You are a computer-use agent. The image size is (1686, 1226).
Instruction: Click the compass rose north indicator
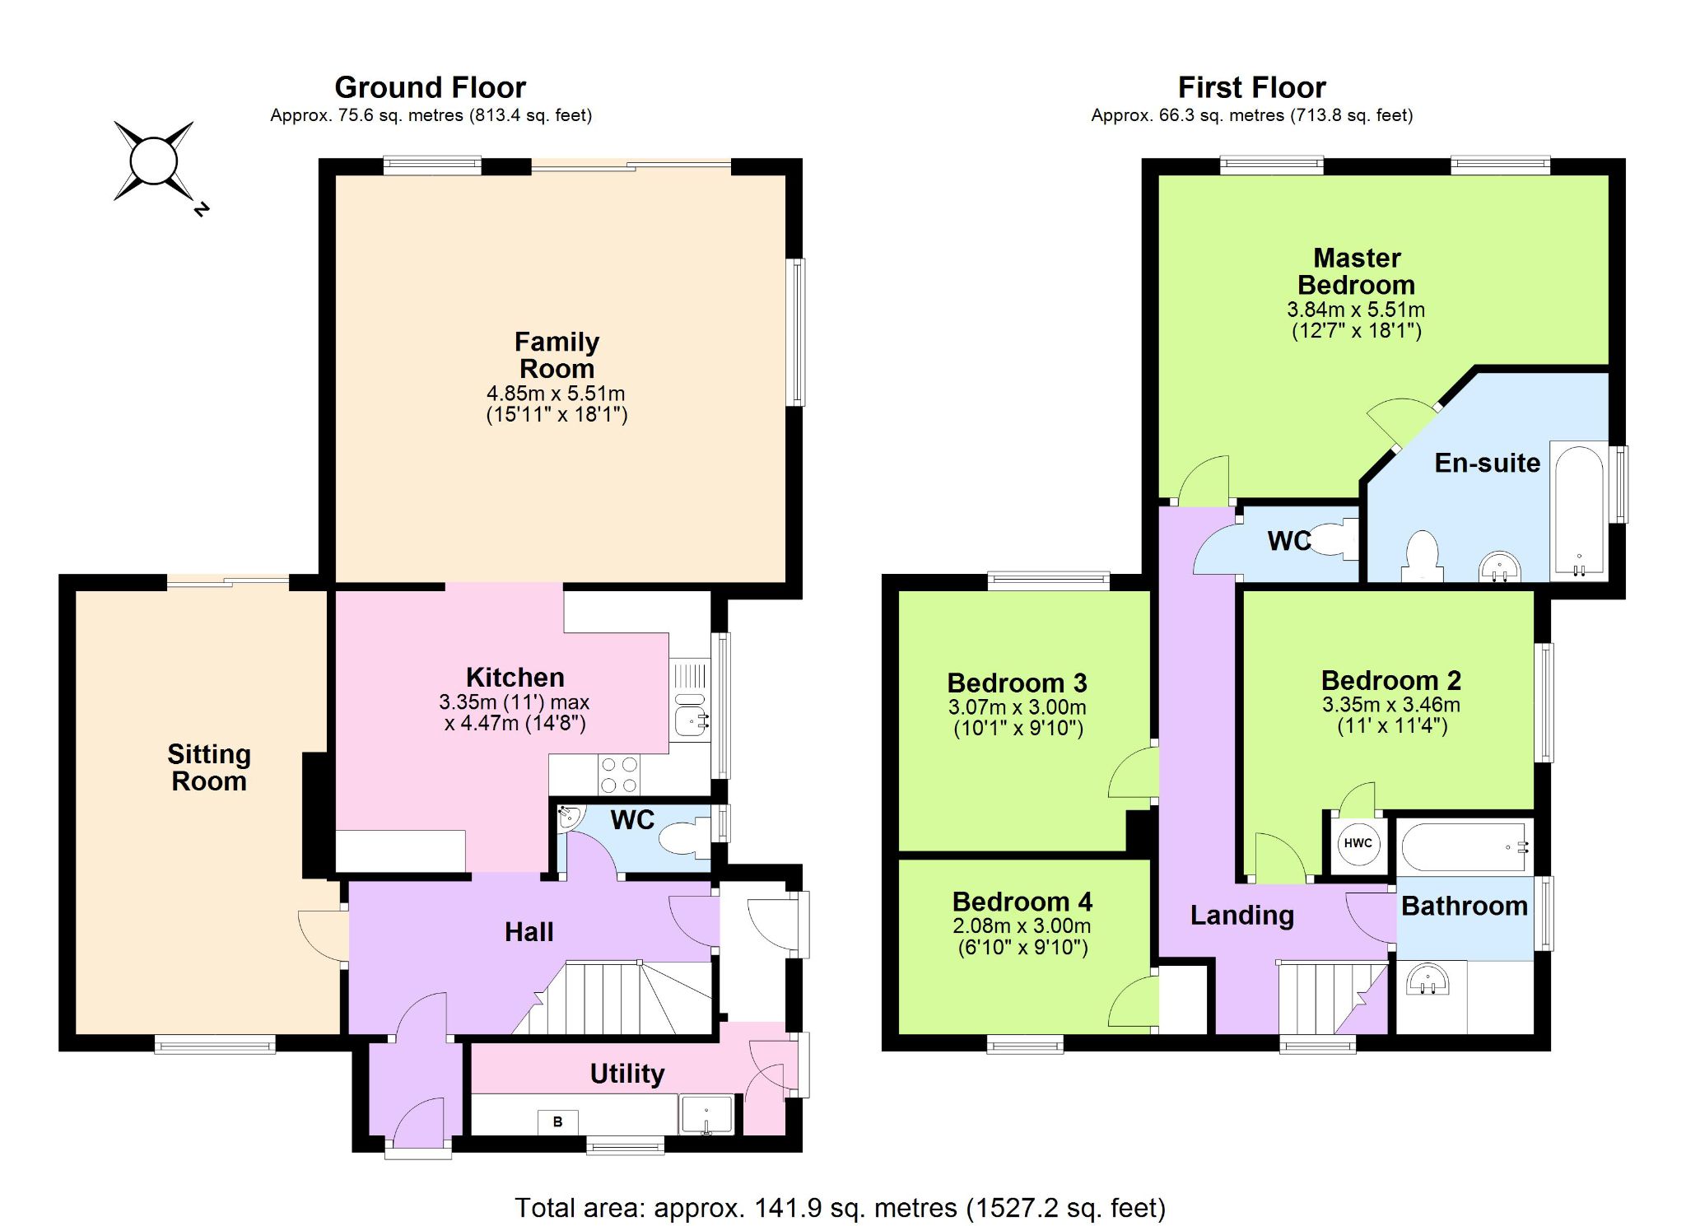200,209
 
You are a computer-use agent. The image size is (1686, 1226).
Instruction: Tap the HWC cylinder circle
1358,843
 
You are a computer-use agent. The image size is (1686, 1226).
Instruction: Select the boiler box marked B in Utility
557,1121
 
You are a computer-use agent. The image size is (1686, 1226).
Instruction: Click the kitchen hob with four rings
618,774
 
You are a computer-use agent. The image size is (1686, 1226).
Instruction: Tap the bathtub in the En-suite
1579,510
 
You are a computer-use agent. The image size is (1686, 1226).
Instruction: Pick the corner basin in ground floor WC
569,818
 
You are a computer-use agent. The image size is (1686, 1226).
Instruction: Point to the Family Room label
557,355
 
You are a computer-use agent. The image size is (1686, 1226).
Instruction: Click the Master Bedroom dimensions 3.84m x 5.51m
1356,310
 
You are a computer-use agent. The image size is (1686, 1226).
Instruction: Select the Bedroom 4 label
1022,902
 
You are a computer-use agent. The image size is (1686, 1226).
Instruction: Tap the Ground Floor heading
430,87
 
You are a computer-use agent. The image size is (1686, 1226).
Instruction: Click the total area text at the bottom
841,1208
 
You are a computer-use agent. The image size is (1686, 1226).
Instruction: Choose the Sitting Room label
209,767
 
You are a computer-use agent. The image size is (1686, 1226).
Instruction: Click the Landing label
1241,915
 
